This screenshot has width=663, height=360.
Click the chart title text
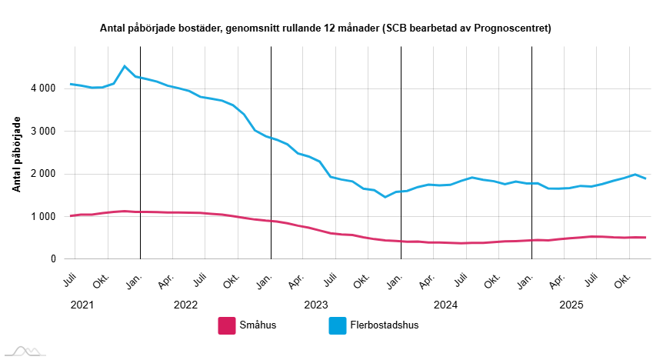point(325,28)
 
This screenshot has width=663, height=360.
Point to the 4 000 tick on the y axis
point(42,88)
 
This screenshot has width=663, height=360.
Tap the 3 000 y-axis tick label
point(42,132)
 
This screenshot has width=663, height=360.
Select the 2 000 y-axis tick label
point(42,174)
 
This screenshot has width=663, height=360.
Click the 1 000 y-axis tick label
point(42,217)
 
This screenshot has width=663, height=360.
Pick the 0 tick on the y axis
point(53,259)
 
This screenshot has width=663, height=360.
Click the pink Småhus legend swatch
point(227,325)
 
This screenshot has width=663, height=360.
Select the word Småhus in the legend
point(258,325)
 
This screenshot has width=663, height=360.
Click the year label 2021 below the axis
point(82,305)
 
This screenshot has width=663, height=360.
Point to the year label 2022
point(185,305)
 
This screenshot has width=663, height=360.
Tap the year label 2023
point(316,305)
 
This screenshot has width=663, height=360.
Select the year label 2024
point(446,305)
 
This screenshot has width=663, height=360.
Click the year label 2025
point(571,305)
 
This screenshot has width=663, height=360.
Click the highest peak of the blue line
point(125,66)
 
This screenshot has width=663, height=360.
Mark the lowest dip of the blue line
point(385,197)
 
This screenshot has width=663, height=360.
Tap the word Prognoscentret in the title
point(511,28)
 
